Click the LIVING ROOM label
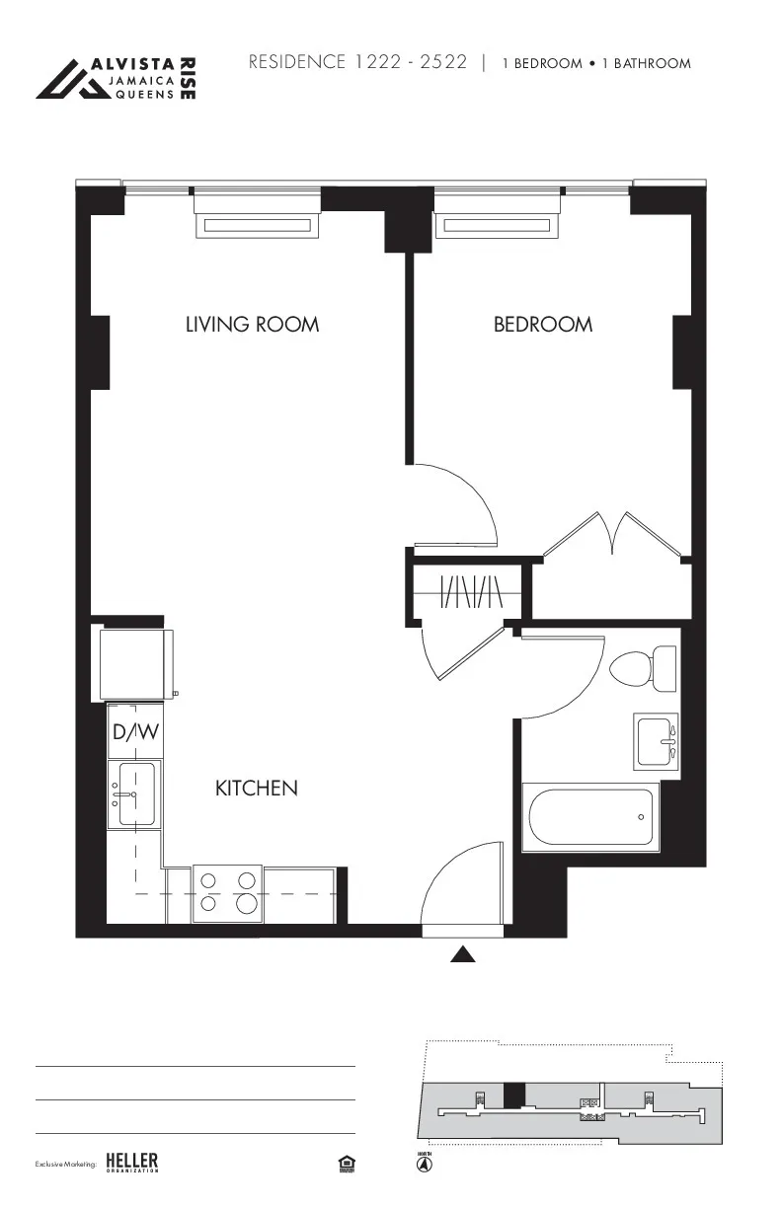[252, 324]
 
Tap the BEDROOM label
[543, 324]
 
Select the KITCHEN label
[257, 788]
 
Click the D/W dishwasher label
[135, 733]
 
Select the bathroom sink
[657, 741]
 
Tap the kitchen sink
[134, 793]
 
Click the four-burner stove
[227, 892]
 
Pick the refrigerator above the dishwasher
[137, 664]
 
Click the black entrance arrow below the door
[463, 953]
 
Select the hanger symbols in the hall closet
[472, 591]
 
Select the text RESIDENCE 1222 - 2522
[357, 62]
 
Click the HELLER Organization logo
[131, 1163]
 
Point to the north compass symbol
[424, 1164]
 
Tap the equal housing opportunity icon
[346, 1164]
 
